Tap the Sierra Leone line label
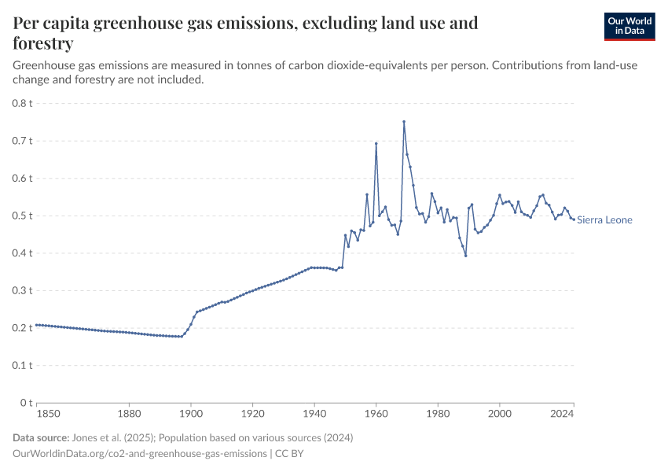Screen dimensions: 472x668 click(604, 220)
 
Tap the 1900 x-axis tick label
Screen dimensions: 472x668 click(191, 413)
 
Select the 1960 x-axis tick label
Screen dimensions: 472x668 click(376, 413)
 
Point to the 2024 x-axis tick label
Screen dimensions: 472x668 click(562, 413)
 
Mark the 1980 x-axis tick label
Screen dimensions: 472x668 click(438, 413)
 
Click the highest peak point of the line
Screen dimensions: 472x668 click(404, 121)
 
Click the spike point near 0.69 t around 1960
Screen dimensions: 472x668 click(376, 143)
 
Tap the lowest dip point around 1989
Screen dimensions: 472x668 click(466, 256)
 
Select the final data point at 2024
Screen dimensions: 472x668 click(574, 219)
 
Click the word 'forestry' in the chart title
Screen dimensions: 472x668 click(43, 43)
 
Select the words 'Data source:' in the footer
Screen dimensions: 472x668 click(40, 437)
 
